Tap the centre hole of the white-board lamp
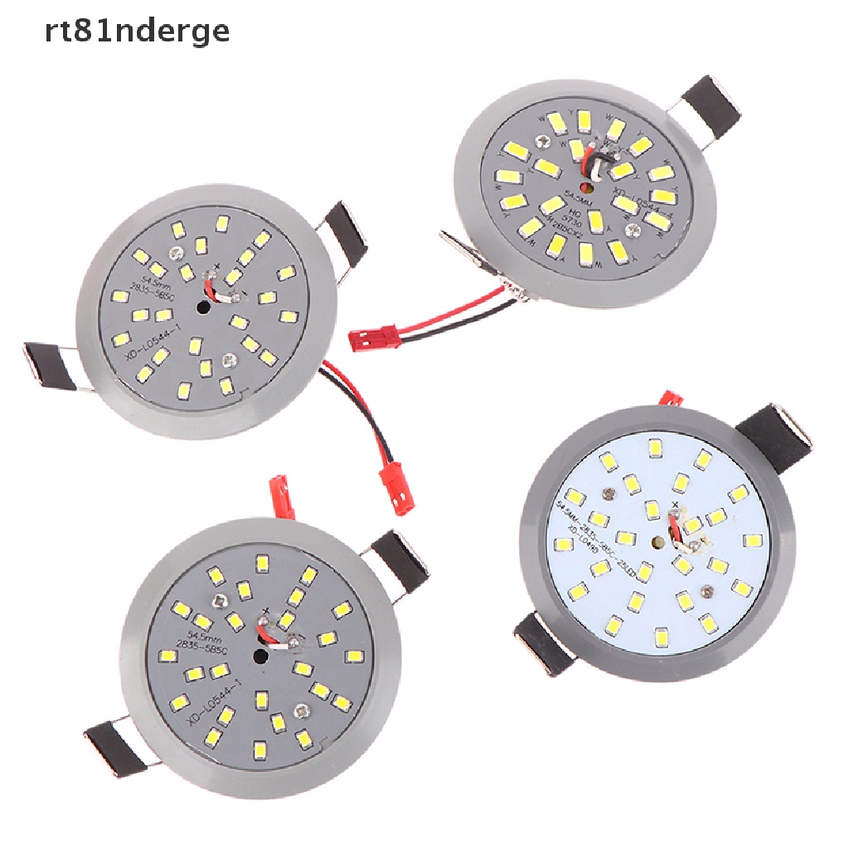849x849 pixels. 657,544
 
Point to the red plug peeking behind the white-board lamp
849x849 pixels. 670,399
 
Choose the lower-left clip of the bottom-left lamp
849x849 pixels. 111,746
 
